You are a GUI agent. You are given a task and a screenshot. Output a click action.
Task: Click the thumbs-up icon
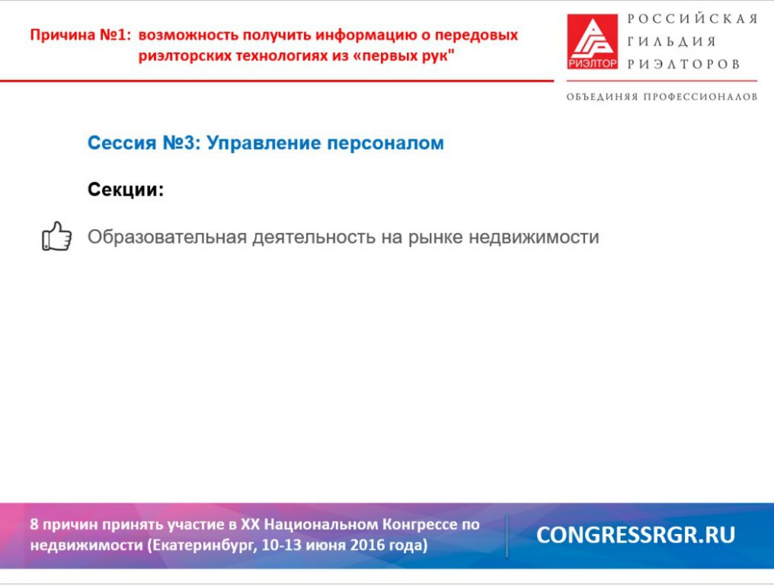pyautogui.click(x=57, y=236)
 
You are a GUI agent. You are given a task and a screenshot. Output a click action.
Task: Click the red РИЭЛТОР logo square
pyautogui.click(x=592, y=41)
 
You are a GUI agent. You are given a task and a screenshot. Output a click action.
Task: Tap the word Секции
pyautogui.click(x=126, y=190)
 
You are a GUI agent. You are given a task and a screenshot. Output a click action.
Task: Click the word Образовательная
pyautogui.click(x=167, y=237)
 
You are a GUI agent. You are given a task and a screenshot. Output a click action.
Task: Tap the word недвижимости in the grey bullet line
pyautogui.click(x=533, y=238)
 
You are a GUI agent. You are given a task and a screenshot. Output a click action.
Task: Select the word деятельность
pyautogui.click(x=314, y=238)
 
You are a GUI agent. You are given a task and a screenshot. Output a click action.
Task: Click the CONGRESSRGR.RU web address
pyautogui.click(x=636, y=535)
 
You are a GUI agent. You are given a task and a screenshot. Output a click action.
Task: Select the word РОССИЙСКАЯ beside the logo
pyautogui.click(x=692, y=19)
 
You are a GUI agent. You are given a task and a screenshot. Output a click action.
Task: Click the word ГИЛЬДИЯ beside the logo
pyautogui.click(x=672, y=41)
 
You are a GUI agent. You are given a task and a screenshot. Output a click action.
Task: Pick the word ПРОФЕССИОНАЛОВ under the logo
pyautogui.click(x=700, y=97)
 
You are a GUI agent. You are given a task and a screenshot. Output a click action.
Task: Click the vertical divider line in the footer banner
pyautogui.click(x=507, y=536)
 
